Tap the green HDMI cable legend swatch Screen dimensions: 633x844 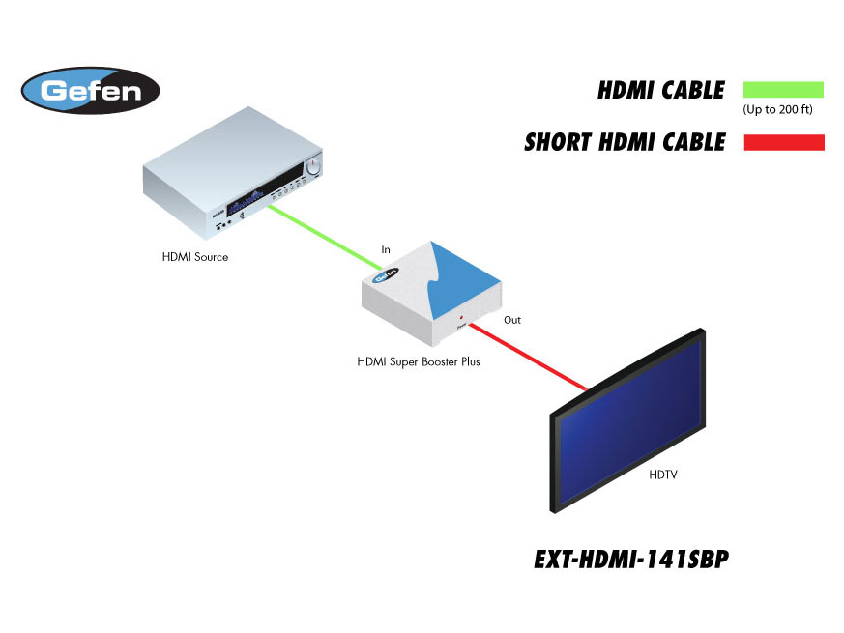click(782, 90)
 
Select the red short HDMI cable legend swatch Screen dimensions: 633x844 click(782, 143)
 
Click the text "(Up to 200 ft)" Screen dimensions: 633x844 click(777, 110)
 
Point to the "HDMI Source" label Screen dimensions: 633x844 click(195, 257)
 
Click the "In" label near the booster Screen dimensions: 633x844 click(386, 250)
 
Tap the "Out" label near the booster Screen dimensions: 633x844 click(512, 319)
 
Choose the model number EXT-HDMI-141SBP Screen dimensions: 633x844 click(630, 561)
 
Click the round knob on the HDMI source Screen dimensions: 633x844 click(312, 168)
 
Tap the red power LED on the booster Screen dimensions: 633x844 click(461, 317)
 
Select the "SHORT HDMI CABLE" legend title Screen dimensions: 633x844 click(625, 143)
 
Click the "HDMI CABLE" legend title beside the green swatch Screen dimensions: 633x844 click(661, 91)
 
